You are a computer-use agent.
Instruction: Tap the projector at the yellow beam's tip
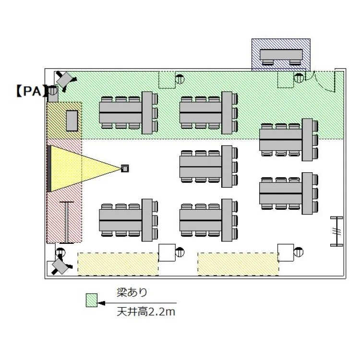coord(125,168)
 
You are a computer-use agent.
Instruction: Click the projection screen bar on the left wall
coord(49,168)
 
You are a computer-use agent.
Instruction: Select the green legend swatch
coord(92,300)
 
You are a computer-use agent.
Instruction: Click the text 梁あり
coord(132,292)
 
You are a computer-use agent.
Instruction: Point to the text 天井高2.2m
coord(146,312)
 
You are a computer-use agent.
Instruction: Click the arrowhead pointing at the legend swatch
coord(101,303)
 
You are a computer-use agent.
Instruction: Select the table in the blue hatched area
coord(281,55)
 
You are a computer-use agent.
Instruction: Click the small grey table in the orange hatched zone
coord(72,121)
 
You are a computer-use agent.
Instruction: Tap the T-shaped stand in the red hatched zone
coord(67,222)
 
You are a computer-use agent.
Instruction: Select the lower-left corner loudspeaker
coord(60,266)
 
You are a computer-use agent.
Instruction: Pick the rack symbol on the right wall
coord(336,231)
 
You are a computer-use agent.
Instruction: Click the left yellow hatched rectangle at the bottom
coord(118,264)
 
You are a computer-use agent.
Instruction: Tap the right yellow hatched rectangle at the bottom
coord(238,264)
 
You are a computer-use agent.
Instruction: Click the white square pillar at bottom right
coord(286,252)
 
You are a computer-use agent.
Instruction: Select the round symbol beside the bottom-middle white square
coord(180,252)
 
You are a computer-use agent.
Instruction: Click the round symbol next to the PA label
coord(52,90)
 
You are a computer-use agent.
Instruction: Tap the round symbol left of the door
coord(299,78)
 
